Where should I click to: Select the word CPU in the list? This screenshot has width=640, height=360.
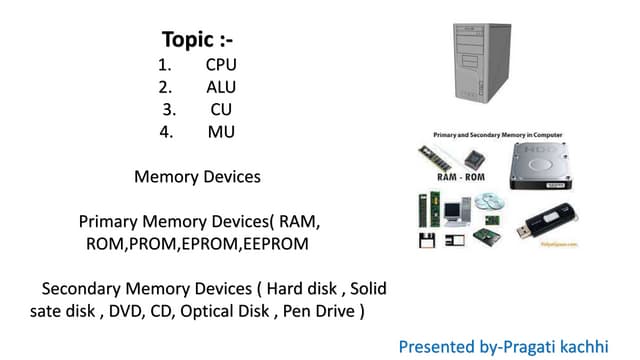point(221,65)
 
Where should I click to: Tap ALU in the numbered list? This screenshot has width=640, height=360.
point(221,87)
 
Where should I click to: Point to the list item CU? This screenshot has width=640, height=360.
point(221,109)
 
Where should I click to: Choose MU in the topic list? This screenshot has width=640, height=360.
point(221,131)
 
